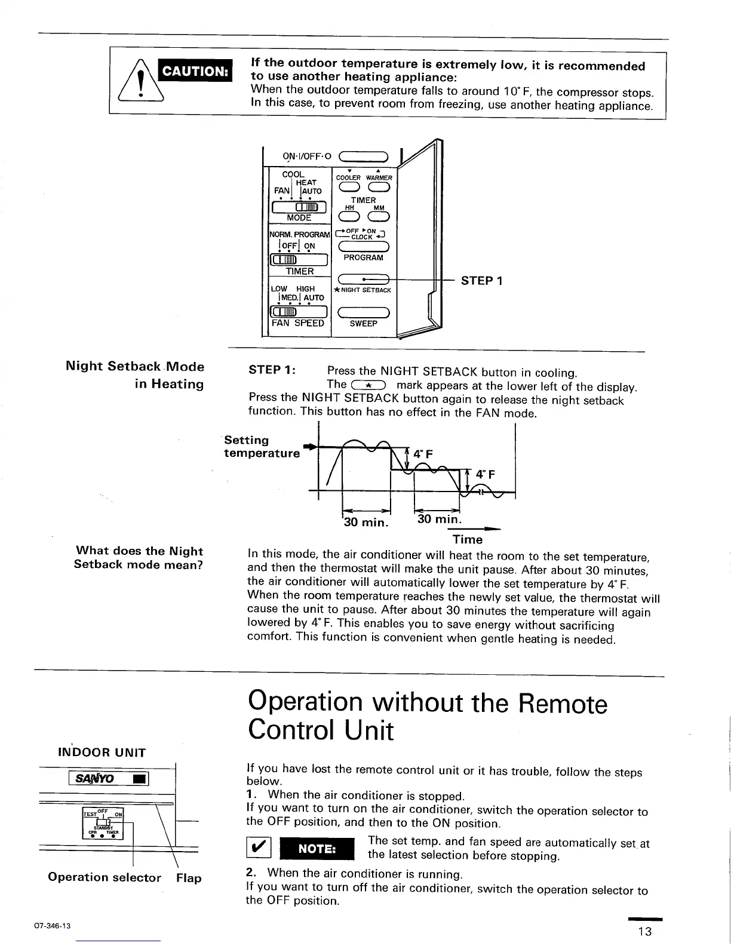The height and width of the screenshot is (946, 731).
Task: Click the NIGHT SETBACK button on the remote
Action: (x=364, y=279)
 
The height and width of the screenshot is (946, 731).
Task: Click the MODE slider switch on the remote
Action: (x=299, y=207)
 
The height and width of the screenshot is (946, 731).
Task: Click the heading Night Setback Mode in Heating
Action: (x=135, y=375)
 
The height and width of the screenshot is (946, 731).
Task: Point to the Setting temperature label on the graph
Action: (x=262, y=447)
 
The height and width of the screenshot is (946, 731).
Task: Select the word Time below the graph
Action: (x=468, y=540)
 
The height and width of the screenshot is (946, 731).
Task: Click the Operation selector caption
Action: (x=105, y=877)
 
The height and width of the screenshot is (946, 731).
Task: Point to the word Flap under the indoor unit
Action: (x=189, y=878)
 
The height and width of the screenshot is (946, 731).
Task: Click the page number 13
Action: (x=644, y=932)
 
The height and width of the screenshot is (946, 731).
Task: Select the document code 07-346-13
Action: (x=53, y=926)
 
